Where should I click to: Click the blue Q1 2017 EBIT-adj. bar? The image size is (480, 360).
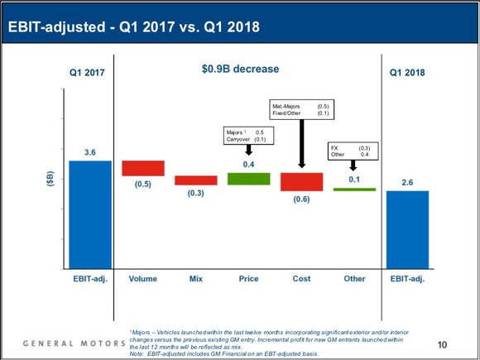(x=89, y=214)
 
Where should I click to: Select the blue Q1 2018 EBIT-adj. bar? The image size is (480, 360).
(x=406, y=229)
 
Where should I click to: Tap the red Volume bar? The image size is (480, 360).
(x=142, y=168)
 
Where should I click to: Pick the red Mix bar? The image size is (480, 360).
(x=195, y=180)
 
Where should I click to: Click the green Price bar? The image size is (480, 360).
(x=248, y=178)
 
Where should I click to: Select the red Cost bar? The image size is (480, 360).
(x=301, y=181)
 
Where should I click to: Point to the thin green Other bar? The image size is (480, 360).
(x=354, y=190)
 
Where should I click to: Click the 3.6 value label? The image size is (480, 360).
(x=89, y=152)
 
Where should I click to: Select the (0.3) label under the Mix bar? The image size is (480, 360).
(x=195, y=193)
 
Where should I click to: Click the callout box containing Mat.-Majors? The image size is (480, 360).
(x=301, y=109)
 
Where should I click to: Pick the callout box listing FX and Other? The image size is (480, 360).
(x=353, y=151)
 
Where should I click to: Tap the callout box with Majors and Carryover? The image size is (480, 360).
(x=248, y=136)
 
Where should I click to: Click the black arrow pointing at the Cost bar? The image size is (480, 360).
(x=301, y=146)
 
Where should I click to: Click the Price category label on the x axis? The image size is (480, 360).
(x=248, y=279)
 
